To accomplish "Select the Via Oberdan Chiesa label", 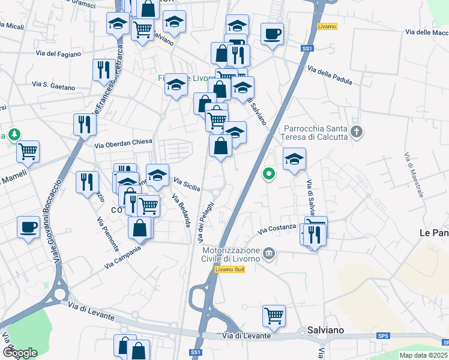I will [x=124, y=143].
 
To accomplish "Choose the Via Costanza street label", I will [x=277, y=229].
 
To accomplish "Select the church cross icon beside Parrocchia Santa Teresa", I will [x=357, y=131].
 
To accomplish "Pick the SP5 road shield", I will [x=383, y=335].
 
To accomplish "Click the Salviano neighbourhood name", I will [x=325, y=329].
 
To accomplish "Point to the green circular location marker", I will [x=269, y=175].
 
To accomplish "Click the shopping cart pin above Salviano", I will [x=274, y=314].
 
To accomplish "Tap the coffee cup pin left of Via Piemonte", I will [x=29, y=228].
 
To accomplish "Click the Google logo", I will [x=20, y=353].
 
